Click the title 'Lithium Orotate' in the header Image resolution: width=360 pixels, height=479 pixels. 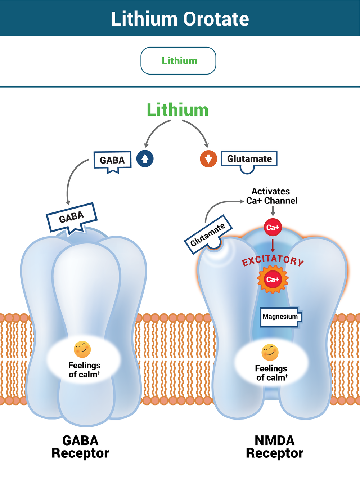180,19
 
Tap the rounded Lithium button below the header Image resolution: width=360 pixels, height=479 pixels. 178,61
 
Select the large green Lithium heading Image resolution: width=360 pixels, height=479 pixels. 177,110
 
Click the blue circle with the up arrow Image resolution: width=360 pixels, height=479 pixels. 145,158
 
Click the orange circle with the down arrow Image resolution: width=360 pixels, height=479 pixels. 208,159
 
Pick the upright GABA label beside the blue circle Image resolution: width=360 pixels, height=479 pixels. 112,160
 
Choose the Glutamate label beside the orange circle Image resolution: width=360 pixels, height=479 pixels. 249,159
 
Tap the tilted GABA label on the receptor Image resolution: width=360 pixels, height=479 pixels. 72,217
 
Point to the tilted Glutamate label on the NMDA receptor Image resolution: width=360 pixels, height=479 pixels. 208,234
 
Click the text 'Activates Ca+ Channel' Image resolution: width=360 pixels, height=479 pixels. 271,196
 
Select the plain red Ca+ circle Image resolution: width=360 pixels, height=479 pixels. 273,227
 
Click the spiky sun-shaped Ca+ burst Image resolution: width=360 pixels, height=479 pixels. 273,279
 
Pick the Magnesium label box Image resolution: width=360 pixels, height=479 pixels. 280,317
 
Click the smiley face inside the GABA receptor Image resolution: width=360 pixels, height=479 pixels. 82,349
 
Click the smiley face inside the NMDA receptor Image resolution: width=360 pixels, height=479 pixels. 270,352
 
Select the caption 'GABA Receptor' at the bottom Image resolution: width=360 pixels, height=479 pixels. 80,447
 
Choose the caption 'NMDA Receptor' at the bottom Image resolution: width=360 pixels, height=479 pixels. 274,447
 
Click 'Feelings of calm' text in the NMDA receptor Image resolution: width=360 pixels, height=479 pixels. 271,373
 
